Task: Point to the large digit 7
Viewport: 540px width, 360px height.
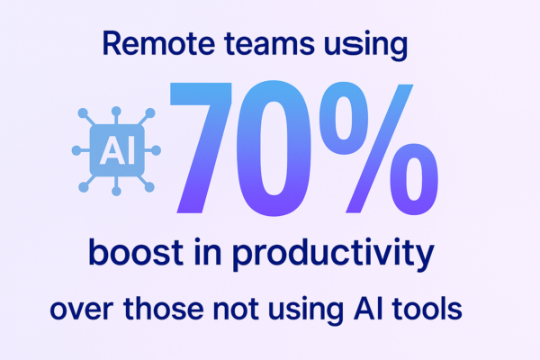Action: (x=201, y=148)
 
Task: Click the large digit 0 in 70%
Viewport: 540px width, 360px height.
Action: (x=274, y=148)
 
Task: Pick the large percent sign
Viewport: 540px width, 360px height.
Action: (x=379, y=148)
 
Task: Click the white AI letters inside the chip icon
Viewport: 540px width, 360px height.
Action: (x=117, y=150)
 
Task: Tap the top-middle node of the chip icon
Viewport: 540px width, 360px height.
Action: (x=116, y=112)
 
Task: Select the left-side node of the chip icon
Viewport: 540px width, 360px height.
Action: (x=76, y=150)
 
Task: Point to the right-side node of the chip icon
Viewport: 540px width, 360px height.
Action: (x=156, y=150)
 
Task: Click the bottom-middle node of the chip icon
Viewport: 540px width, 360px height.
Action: (x=116, y=191)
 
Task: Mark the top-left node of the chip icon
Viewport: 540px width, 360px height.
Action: (x=83, y=113)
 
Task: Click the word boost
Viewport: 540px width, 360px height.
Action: (x=136, y=252)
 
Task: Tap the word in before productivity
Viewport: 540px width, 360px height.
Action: (x=208, y=252)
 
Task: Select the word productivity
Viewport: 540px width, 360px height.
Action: (x=333, y=255)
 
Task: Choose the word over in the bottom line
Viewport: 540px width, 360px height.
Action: (x=82, y=310)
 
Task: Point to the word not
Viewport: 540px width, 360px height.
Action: (x=236, y=309)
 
